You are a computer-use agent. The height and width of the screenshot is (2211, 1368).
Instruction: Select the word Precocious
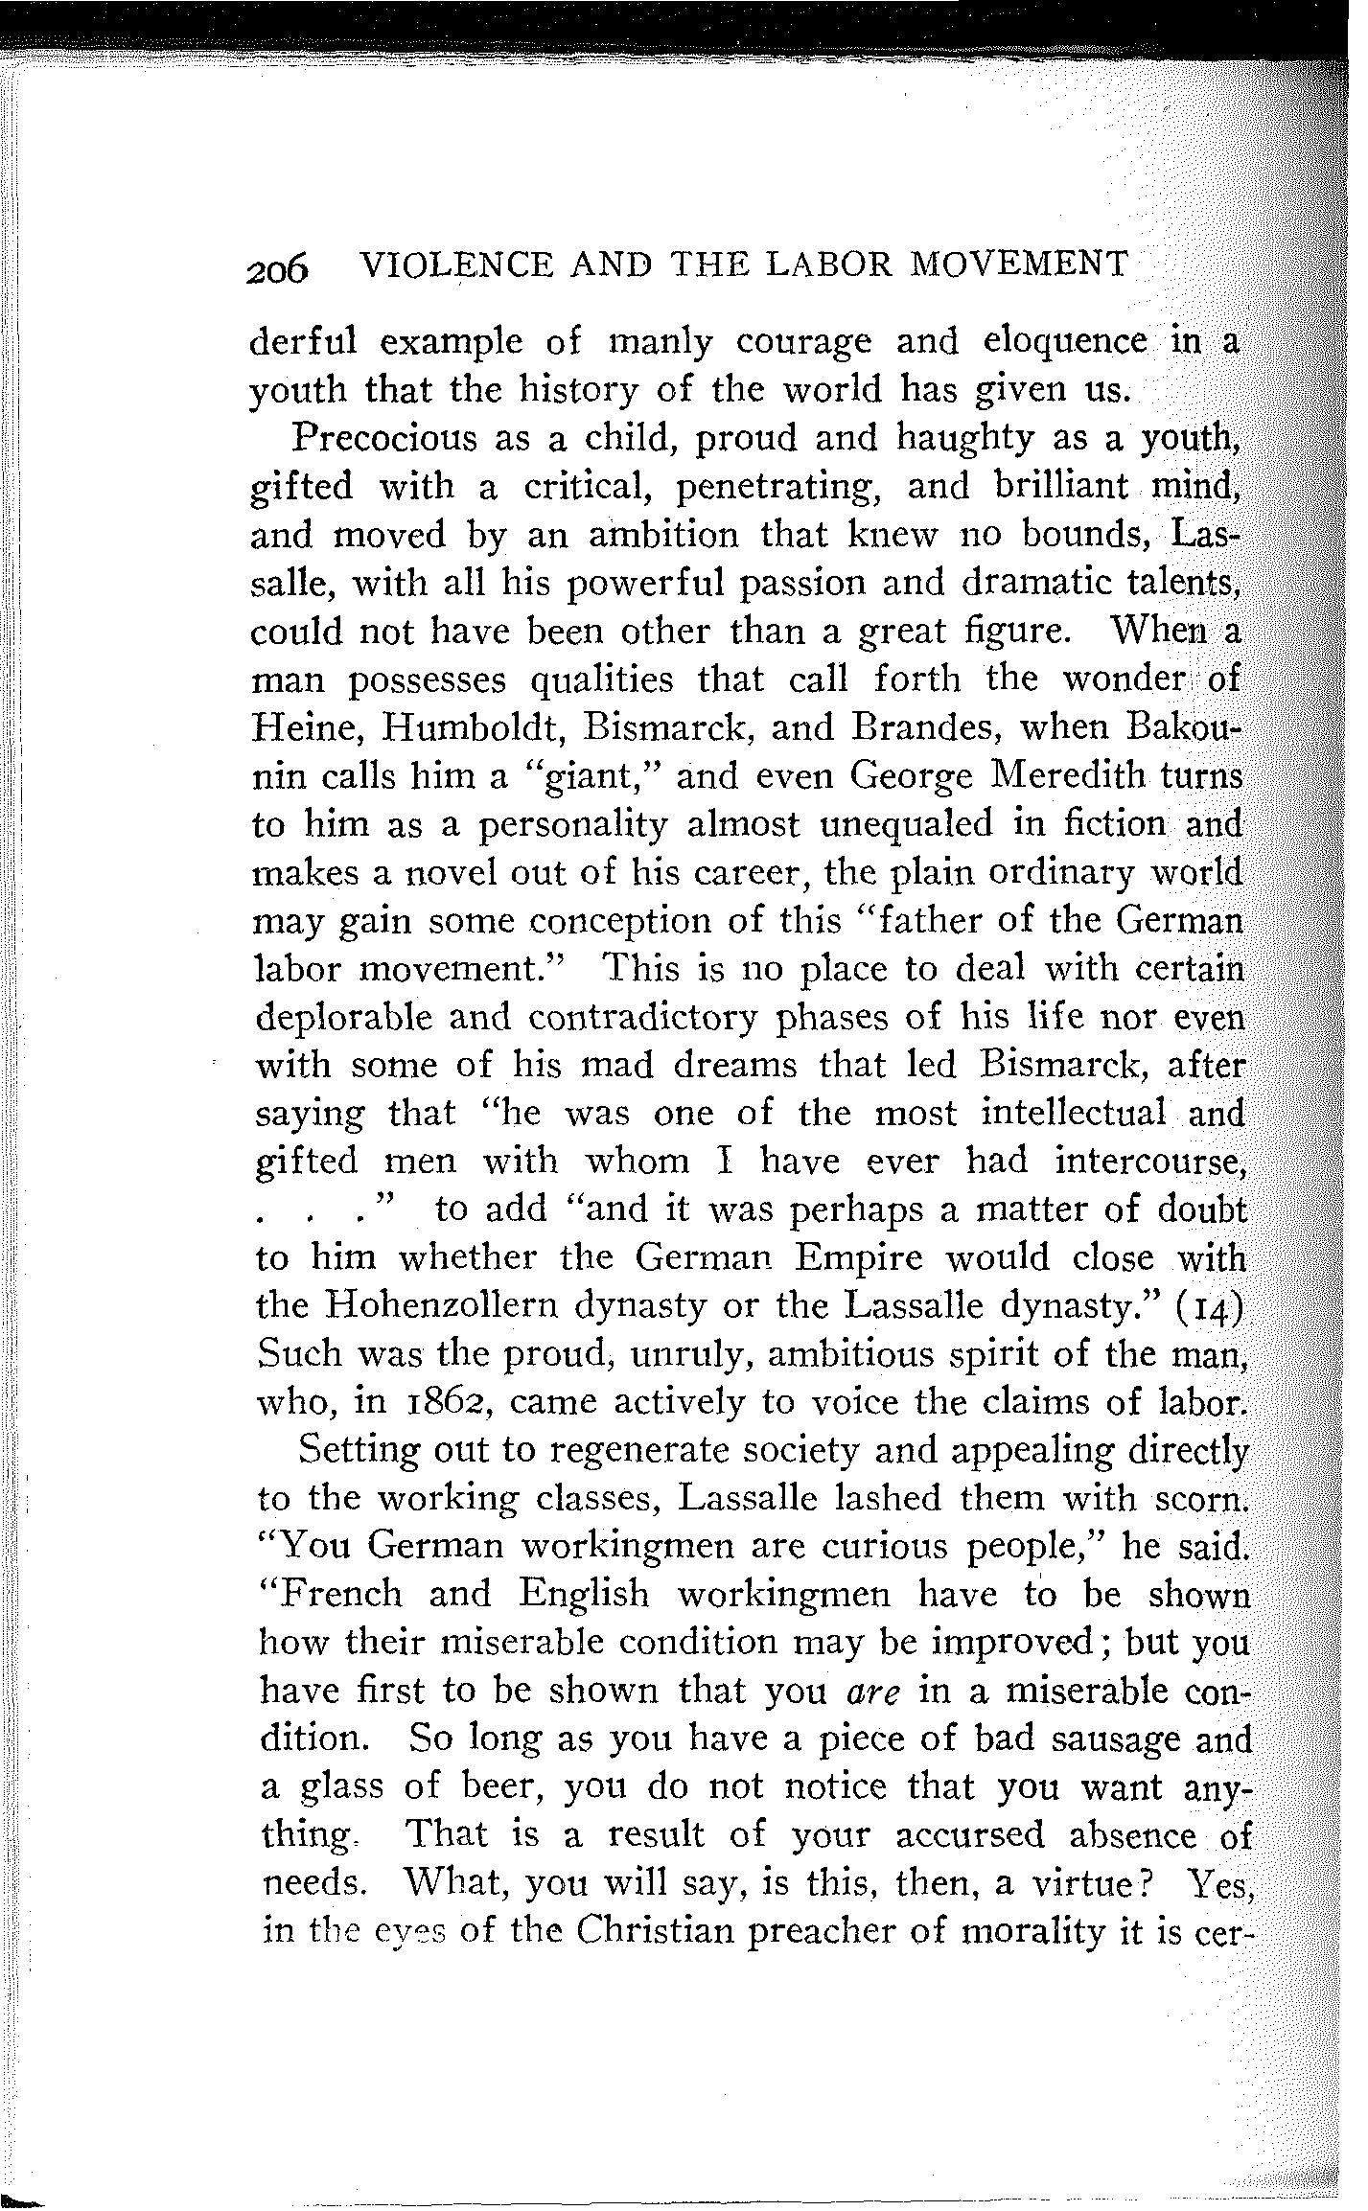tap(385, 438)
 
